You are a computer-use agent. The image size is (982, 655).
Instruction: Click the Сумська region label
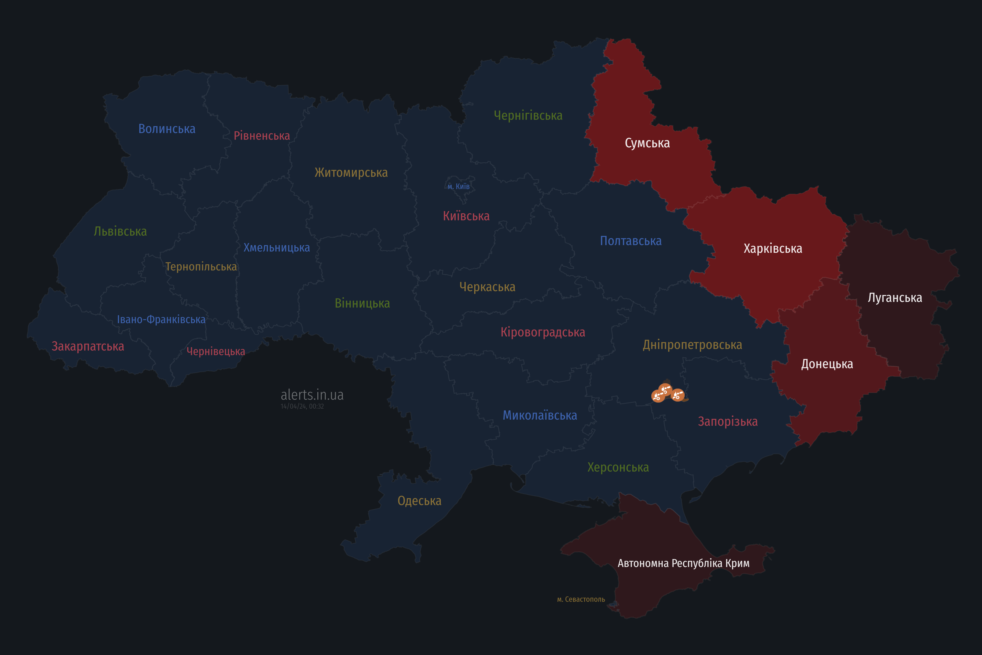[647, 143]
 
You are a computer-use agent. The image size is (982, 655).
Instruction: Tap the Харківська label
[773, 248]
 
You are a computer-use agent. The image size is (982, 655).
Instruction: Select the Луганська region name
[895, 298]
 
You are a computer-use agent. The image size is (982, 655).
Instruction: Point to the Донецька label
[827, 364]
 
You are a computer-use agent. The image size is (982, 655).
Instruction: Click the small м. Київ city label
[459, 187]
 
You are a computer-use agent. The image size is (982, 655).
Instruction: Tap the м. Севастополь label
[581, 599]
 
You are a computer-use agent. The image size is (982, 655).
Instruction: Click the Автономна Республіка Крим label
[684, 563]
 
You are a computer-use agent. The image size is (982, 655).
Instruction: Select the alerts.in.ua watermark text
[312, 395]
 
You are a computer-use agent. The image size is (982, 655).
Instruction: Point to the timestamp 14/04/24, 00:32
[302, 407]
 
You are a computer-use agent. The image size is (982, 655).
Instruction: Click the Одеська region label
[419, 501]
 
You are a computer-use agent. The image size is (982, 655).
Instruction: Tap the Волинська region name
[166, 129]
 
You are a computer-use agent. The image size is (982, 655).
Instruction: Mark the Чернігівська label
[528, 116]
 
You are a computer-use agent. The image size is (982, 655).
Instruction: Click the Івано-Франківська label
[161, 320]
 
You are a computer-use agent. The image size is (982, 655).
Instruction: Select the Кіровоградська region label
[543, 333]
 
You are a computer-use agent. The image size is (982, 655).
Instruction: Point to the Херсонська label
[618, 467]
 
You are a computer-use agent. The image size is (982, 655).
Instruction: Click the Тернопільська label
[201, 267]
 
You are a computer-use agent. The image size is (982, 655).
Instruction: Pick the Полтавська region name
[630, 241]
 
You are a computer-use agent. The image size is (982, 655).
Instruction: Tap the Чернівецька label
[215, 352]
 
